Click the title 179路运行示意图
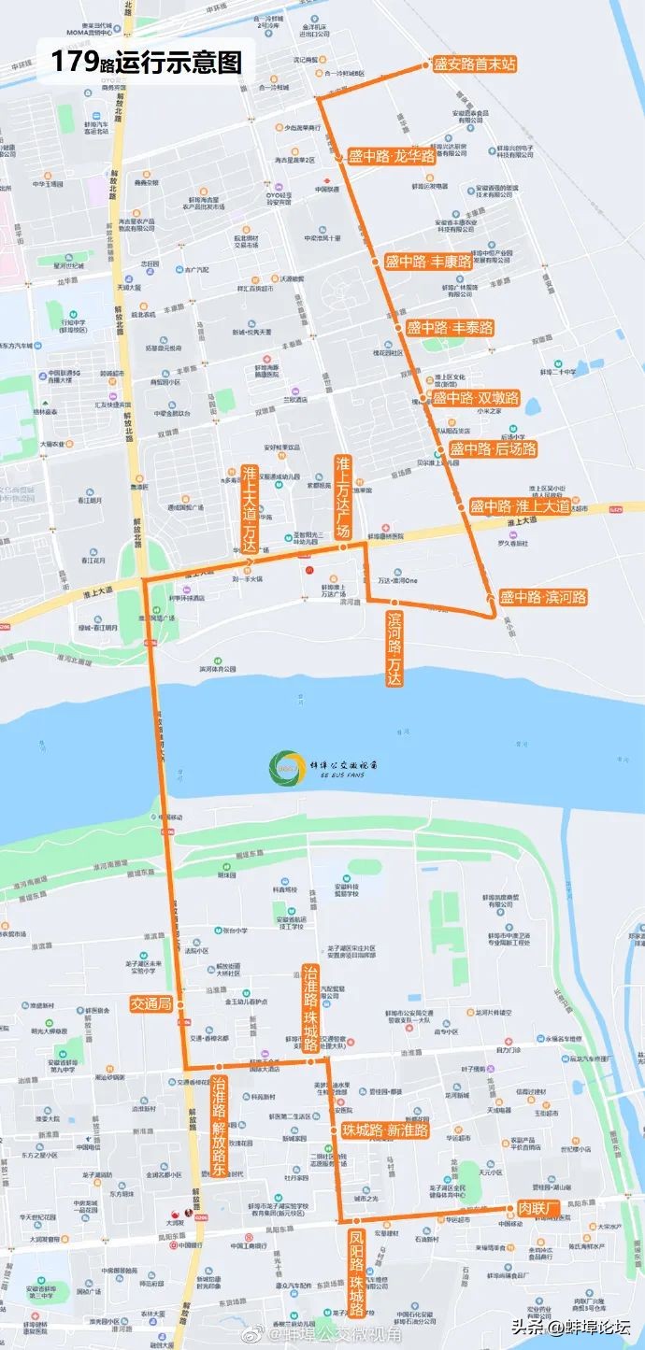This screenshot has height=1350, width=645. (146, 63)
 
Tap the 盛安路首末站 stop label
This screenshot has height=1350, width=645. (475, 64)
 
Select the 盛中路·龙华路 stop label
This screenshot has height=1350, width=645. (392, 157)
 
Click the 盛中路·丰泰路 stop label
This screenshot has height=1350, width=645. (449, 328)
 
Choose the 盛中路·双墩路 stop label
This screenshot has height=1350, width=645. (475, 398)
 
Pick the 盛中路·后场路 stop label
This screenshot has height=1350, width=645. (493, 449)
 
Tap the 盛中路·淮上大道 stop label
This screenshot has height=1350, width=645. (520, 506)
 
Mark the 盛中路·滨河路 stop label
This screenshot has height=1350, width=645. (542, 597)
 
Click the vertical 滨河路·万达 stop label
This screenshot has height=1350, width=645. (395, 647)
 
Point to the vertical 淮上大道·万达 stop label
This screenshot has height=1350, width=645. (249, 508)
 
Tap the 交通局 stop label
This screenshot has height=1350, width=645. (150, 1004)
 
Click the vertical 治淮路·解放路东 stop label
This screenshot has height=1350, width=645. (218, 1125)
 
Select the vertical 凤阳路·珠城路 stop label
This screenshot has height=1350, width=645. (356, 1272)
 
